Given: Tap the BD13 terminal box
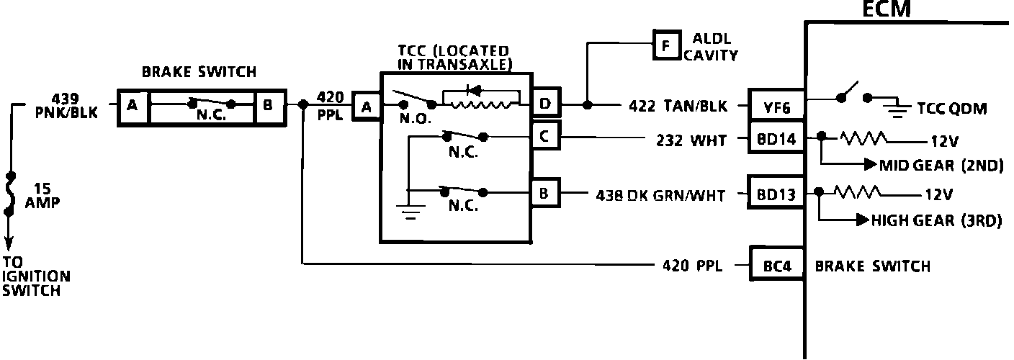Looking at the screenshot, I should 776,194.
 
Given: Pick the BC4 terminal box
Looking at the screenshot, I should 776,266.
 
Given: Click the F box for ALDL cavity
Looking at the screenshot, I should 666,45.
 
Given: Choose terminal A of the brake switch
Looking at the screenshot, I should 132,107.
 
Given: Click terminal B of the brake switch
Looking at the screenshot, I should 268,107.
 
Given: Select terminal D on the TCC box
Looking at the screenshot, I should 545,105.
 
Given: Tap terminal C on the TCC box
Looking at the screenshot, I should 544,136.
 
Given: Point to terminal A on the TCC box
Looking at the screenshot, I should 367,107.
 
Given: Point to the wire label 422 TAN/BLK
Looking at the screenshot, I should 676,107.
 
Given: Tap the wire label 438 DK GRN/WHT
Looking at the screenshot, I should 660,194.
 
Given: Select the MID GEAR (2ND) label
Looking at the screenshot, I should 941,165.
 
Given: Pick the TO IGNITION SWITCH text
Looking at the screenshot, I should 36,276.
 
